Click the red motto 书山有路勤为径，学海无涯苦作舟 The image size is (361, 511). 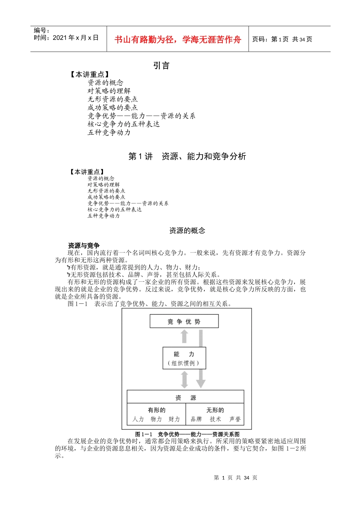click(x=177, y=40)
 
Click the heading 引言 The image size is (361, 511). click(x=161, y=65)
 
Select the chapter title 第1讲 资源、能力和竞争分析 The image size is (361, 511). click(x=187, y=156)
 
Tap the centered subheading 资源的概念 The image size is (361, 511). click(x=187, y=230)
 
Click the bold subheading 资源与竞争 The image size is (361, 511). click(x=84, y=246)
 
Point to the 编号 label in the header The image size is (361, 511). click(x=41, y=30)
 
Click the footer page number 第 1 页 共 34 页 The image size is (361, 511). click(x=235, y=478)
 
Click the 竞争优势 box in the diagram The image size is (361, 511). click(x=184, y=322)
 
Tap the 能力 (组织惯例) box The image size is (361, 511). click(x=184, y=358)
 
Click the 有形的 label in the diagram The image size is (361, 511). click(x=157, y=410)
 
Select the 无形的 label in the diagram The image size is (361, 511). click(x=215, y=410)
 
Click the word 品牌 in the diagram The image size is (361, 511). click(x=196, y=419)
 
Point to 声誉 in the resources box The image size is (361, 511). click(x=235, y=419)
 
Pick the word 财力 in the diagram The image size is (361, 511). click(x=174, y=419)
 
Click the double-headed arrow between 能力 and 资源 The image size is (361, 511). click(x=184, y=379)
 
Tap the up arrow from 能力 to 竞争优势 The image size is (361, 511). click(x=184, y=336)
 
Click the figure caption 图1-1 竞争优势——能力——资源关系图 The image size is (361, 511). click(x=187, y=434)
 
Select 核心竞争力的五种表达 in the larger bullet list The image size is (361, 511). click(x=123, y=124)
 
